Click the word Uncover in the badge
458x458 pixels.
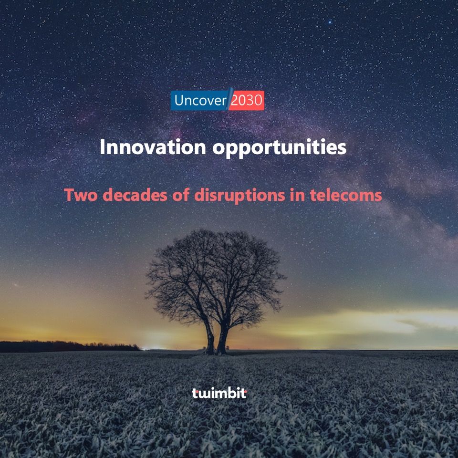pyautogui.click(x=200, y=101)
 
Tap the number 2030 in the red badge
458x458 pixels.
pyautogui.click(x=247, y=101)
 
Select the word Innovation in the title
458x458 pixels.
pyautogui.click(x=153, y=147)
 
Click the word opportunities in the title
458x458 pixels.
pyautogui.click(x=279, y=148)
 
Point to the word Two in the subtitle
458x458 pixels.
pyautogui.click(x=81, y=195)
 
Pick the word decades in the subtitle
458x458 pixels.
pyautogui.click(x=135, y=195)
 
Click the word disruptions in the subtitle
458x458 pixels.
pyautogui.click(x=239, y=196)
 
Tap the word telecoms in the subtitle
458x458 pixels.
pyautogui.click(x=346, y=195)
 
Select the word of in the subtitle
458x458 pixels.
pyautogui.click(x=181, y=195)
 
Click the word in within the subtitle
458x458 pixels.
pyautogui.click(x=297, y=195)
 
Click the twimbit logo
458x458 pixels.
pyautogui.click(x=219, y=393)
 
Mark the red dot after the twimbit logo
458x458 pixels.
pyautogui.click(x=245, y=391)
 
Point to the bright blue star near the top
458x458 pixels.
pyautogui.click(x=330, y=22)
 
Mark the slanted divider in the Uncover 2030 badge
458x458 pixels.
pyautogui.click(x=229, y=99)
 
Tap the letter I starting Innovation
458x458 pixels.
pyautogui.click(x=102, y=147)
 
